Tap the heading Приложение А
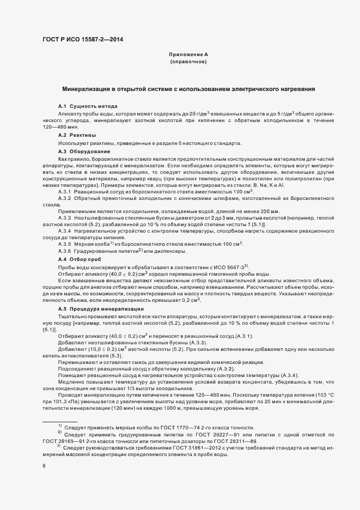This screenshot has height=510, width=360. click(188, 54)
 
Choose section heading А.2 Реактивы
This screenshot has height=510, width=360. click(77, 135)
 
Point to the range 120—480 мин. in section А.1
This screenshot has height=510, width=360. click(57, 126)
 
